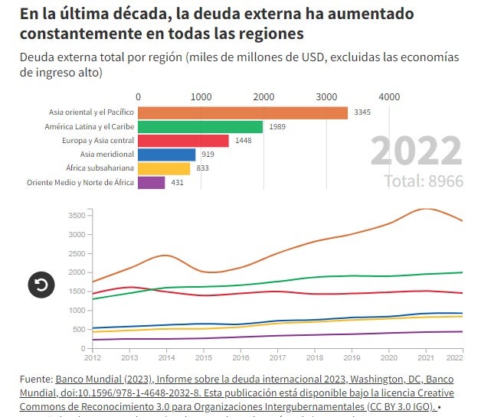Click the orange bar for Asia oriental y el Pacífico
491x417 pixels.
point(243,112)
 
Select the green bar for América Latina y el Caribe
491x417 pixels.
point(201,127)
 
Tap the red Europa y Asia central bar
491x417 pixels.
point(183,141)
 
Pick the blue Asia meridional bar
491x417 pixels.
point(167,155)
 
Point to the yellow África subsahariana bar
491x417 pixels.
point(164,168)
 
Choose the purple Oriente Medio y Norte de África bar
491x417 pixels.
point(152,183)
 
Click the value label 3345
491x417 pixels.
point(362,112)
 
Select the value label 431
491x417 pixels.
point(177,183)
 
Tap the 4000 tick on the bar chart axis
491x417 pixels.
point(389,97)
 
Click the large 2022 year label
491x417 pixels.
point(417,151)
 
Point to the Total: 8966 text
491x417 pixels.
point(424,181)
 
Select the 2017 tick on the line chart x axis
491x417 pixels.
point(277,357)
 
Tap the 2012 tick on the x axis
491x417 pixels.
point(93,357)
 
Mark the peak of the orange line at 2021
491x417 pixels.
point(425,209)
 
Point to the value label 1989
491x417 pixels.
point(277,127)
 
